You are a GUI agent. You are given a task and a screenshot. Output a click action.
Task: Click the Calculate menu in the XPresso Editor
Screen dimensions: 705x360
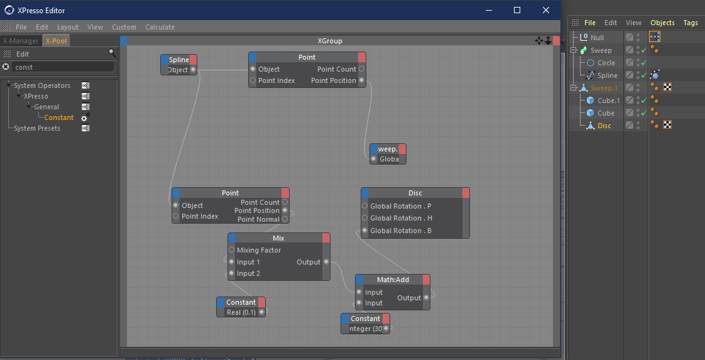[x=160, y=27]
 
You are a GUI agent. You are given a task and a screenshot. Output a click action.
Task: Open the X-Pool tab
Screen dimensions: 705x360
[x=57, y=41]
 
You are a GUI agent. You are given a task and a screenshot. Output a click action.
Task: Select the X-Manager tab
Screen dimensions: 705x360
[x=21, y=41]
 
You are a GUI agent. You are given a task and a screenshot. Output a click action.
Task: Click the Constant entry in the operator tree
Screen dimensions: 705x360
[x=59, y=117]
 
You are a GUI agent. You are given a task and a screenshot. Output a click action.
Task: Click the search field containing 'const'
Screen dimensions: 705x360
[x=63, y=67]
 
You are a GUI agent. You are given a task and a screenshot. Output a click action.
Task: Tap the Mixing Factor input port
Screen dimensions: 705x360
[x=232, y=250]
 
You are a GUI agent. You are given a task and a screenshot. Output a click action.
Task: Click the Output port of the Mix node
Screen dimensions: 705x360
[x=326, y=262]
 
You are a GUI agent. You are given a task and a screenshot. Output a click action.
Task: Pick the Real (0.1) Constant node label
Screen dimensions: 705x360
[x=241, y=312]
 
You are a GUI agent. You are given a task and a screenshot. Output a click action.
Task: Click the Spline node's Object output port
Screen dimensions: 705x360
[x=193, y=70]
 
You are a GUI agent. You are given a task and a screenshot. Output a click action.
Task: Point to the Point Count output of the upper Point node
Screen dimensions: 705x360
[x=361, y=69]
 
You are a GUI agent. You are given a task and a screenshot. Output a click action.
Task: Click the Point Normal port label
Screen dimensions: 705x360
[x=258, y=219]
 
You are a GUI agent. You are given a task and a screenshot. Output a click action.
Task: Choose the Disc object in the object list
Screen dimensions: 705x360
[x=604, y=126]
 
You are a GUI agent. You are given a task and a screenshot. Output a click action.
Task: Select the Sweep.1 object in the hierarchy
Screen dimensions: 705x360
[x=603, y=87]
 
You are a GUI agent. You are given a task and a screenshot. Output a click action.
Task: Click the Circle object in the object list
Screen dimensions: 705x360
[x=606, y=63]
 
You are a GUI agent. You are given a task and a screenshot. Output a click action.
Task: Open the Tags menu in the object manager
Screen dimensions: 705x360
[x=690, y=23]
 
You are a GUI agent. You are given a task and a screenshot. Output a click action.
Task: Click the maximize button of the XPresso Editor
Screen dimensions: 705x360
[x=517, y=10]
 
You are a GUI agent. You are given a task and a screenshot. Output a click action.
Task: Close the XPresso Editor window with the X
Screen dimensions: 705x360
[x=546, y=10]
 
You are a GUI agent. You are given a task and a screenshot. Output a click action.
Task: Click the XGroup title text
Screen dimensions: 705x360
[x=330, y=41]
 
